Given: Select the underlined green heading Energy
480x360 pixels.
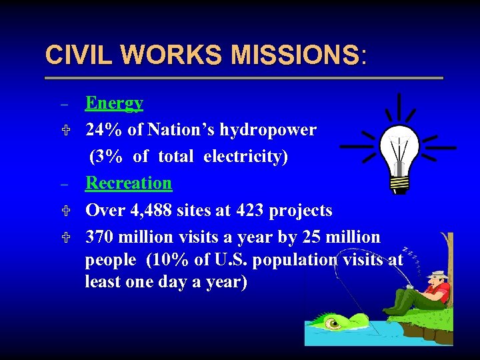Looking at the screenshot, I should pos(114,103).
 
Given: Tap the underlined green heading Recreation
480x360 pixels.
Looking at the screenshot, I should pos(129,183).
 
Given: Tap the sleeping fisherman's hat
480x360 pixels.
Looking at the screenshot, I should pos(438,274).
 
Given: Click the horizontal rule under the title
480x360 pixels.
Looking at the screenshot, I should pos(243,78).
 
